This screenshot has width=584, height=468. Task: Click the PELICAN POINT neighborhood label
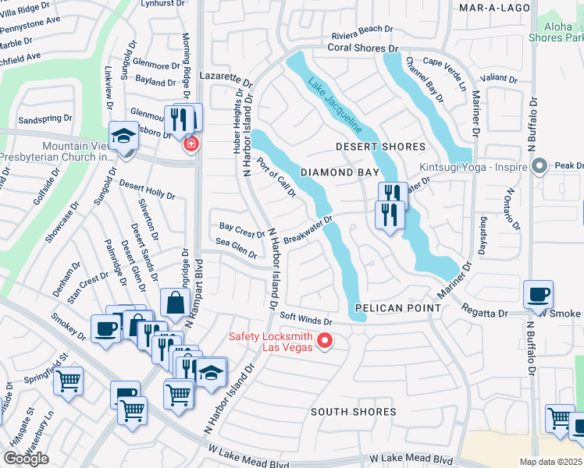pyautogui.click(x=397, y=308)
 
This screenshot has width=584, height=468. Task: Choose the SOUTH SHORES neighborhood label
pyautogui.click(x=353, y=411)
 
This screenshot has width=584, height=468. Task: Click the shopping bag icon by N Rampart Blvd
pyautogui.click(x=175, y=303)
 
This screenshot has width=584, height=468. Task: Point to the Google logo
pyautogui.click(x=26, y=459)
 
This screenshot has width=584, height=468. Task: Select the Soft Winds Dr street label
pyautogui.click(x=306, y=321)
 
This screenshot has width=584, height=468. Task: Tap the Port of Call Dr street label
pyautogui.click(x=276, y=178)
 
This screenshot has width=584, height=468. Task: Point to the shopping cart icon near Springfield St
pyautogui.click(x=69, y=381)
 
